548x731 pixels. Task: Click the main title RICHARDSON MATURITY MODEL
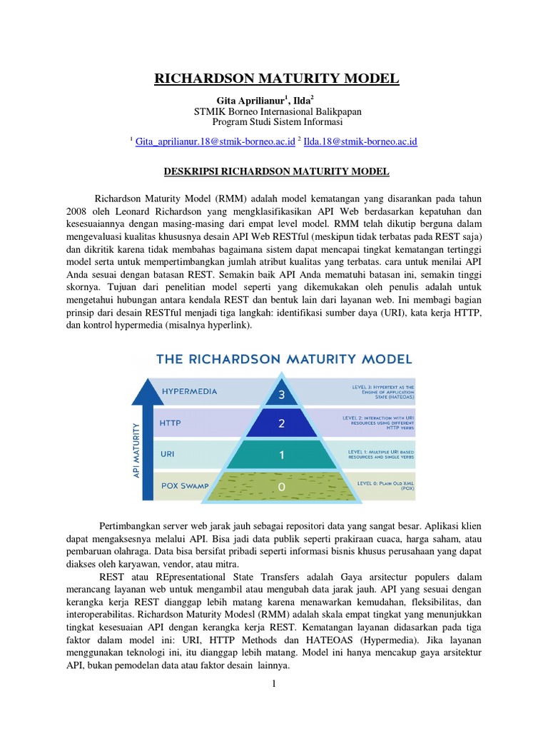[x=274, y=78]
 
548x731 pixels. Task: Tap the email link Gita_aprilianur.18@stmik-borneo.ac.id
[x=215, y=142]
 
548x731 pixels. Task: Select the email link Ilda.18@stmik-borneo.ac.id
[x=360, y=142]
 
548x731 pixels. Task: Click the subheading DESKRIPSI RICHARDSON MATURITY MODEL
[x=273, y=172]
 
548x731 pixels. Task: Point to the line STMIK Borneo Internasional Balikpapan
[x=278, y=112]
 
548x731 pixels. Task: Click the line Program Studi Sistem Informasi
[x=278, y=123]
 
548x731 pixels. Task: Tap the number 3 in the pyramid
[x=282, y=395]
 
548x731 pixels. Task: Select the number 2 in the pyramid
[x=282, y=424]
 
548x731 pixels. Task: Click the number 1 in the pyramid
[x=282, y=455]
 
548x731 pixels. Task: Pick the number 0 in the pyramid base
[x=282, y=486]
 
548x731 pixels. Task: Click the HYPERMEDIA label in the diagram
[x=189, y=391]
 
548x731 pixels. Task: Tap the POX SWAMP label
[x=186, y=485]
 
